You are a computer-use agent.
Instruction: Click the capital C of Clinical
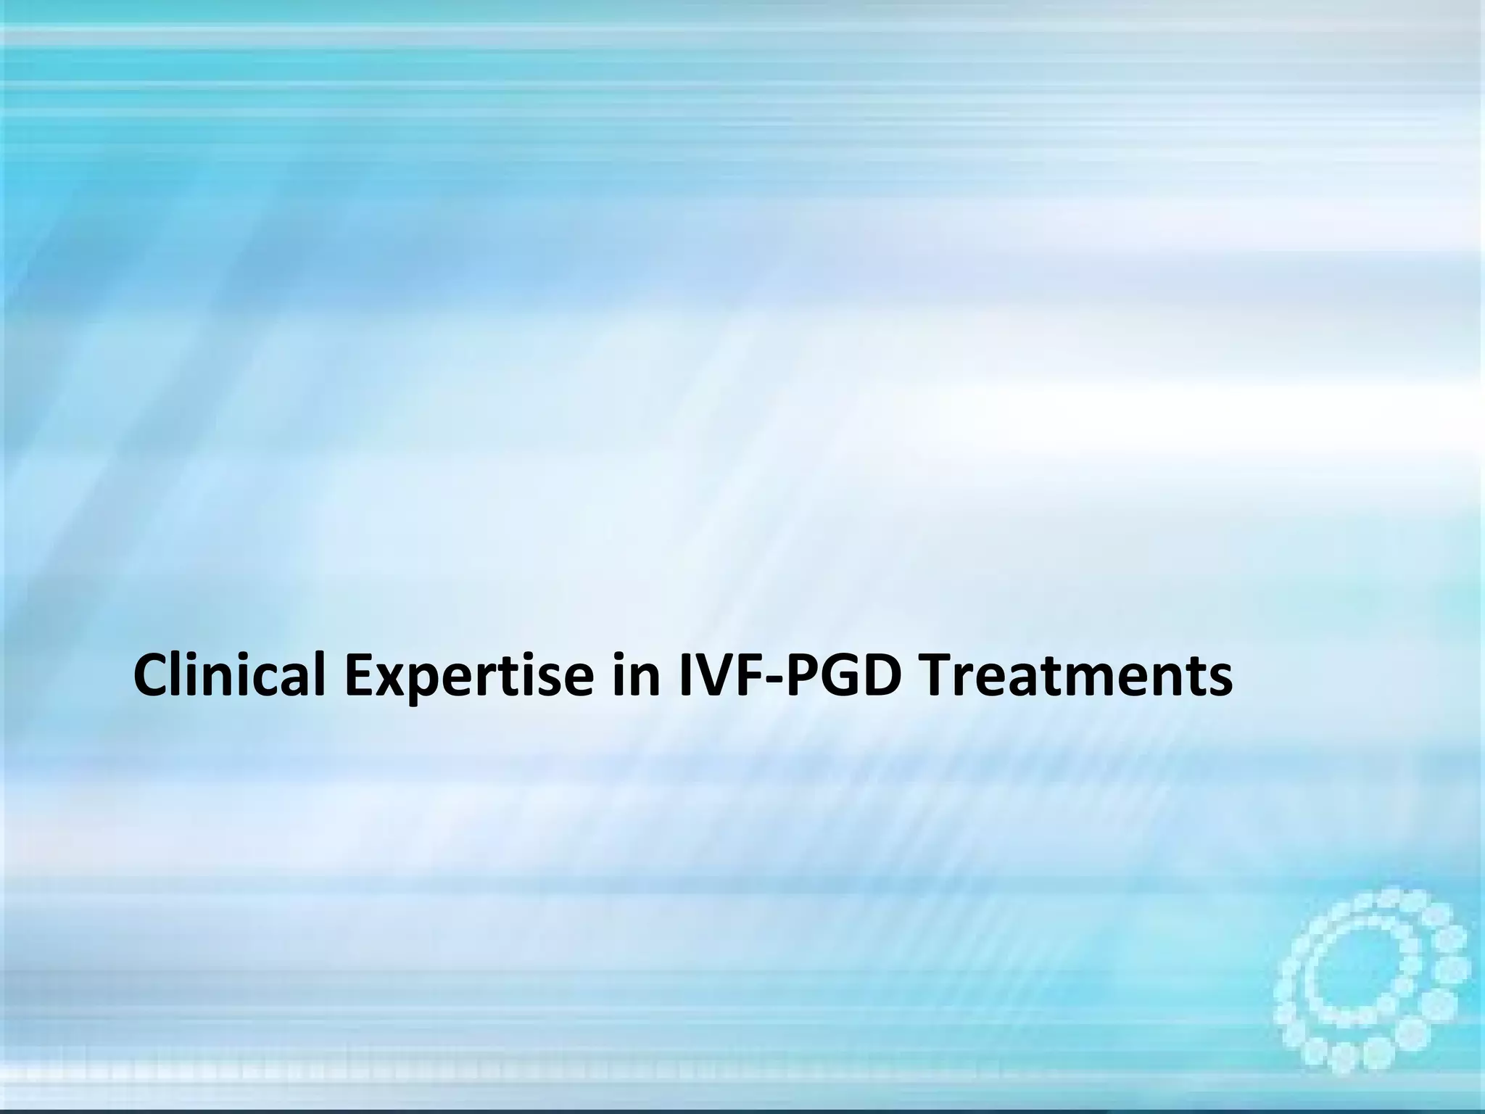tap(154, 676)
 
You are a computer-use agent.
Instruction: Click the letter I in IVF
tap(685, 676)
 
